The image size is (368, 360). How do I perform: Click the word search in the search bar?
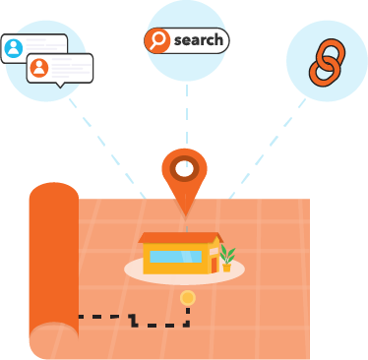tap(198, 40)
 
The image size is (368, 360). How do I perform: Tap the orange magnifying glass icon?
tap(157, 40)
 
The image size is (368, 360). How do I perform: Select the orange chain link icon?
tap(325, 61)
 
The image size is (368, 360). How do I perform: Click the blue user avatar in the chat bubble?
tap(14, 47)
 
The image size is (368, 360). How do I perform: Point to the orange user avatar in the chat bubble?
tap(39, 68)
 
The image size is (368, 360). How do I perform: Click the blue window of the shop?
tap(175, 258)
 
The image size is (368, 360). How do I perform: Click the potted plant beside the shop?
tap(227, 258)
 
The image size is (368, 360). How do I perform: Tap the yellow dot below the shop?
tap(187, 297)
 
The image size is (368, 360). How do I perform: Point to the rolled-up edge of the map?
tap(52, 266)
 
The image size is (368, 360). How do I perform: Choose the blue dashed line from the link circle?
tap(266, 143)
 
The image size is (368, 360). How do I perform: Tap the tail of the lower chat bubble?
tap(63, 86)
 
